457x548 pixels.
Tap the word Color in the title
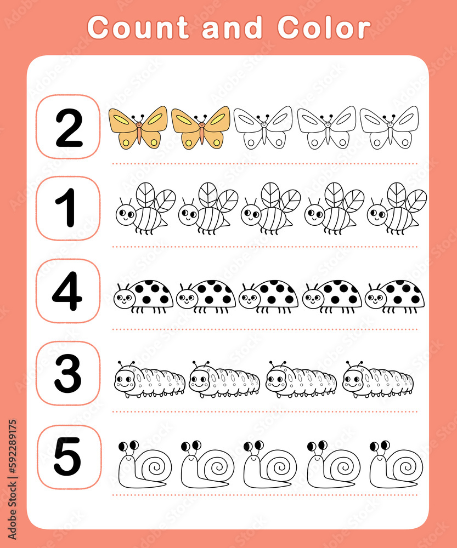click(324, 27)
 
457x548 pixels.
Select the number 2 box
click(68, 128)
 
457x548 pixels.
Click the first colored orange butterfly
click(138, 127)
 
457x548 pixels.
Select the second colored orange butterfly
click(201, 127)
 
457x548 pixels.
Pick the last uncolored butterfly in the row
click(389, 127)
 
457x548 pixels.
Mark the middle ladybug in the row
click(268, 296)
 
